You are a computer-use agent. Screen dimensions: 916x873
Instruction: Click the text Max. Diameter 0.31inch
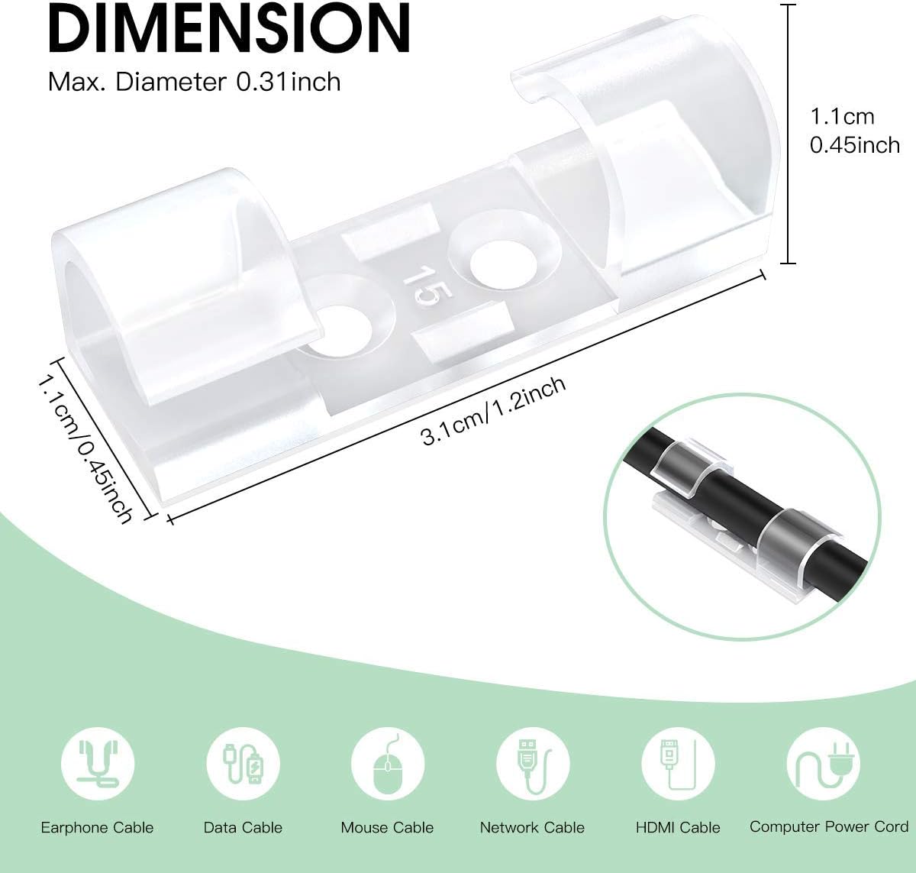195,82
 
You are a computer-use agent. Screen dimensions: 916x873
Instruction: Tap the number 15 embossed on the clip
427,286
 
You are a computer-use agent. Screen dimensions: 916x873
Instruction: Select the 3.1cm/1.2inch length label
493,411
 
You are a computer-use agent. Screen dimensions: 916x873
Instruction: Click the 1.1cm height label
842,117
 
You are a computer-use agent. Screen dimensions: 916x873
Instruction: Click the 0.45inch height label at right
854,145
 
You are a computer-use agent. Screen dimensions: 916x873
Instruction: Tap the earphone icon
98,764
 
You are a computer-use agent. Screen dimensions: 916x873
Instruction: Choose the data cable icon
243,764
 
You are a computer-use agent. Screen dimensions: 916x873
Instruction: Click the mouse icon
388,764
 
